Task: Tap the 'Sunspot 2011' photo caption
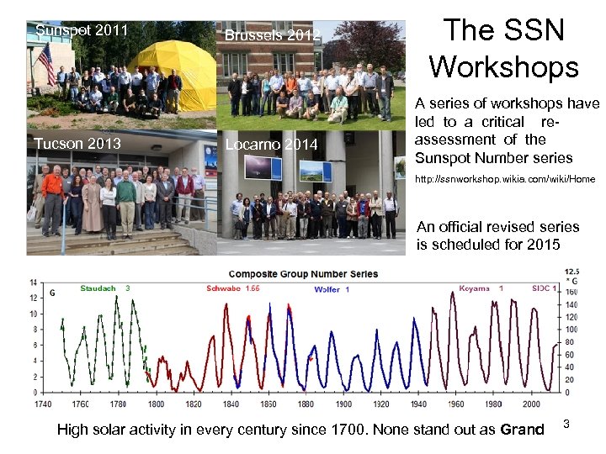[x=82, y=31]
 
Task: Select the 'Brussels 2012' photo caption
[x=272, y=35]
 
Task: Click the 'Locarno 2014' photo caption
[x=271, y=145]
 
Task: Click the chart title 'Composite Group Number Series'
[x=304, y=274]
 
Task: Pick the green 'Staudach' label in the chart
[x=98, y=288]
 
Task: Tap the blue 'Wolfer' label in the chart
[x=327, y=289]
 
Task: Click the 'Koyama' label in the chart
[x=475, y=288]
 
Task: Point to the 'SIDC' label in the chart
[x=540, y=288]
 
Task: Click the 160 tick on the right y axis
[x=571, y=292]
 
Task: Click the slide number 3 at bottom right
[x=566, y=425]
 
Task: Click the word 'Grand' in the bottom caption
[x=522, y=430]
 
